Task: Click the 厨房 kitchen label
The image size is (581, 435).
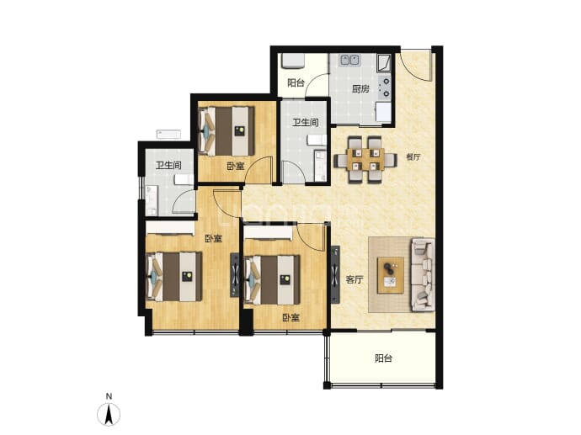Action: click(x=360, y=89)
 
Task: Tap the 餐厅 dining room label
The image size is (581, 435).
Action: click(x=413, y=157)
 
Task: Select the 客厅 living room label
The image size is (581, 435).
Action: click(x=354, y=279)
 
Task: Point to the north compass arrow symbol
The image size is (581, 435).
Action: click(x=109, y=415)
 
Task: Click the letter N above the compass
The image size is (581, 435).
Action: click(x=109, y=396)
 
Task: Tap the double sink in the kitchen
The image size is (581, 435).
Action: click(x=349, y=60)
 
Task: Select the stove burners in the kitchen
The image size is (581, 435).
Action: click(x=386, y=88)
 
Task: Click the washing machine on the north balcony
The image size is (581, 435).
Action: click(x=293, y=61)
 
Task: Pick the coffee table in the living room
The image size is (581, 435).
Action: click(x=391, y=275)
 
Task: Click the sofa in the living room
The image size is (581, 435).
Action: click(x=423, y=274)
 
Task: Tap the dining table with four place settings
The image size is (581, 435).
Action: click(x=365, y=160)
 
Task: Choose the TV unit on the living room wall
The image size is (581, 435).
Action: click(x=335, y=274)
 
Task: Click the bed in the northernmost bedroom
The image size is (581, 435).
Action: click(x=227, y=131)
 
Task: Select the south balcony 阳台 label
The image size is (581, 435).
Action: click(x=383, y=358)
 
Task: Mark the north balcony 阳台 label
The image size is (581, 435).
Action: click(x=296, y=83)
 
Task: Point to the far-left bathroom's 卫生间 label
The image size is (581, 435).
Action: click(x=168, y=165)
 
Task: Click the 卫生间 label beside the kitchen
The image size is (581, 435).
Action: click(x=306, y=122)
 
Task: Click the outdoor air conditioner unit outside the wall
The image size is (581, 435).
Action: click(x=168, y=134)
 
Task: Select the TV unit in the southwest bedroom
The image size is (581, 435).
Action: click(x=235, y=275)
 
